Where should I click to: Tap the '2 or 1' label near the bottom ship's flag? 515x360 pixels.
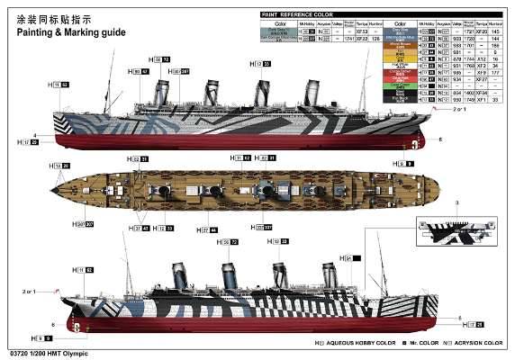click(x=29, y=292)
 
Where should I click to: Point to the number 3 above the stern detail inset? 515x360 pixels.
click(x=458, y=205)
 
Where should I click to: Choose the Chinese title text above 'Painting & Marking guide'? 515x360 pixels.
click(x=53, y=18)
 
